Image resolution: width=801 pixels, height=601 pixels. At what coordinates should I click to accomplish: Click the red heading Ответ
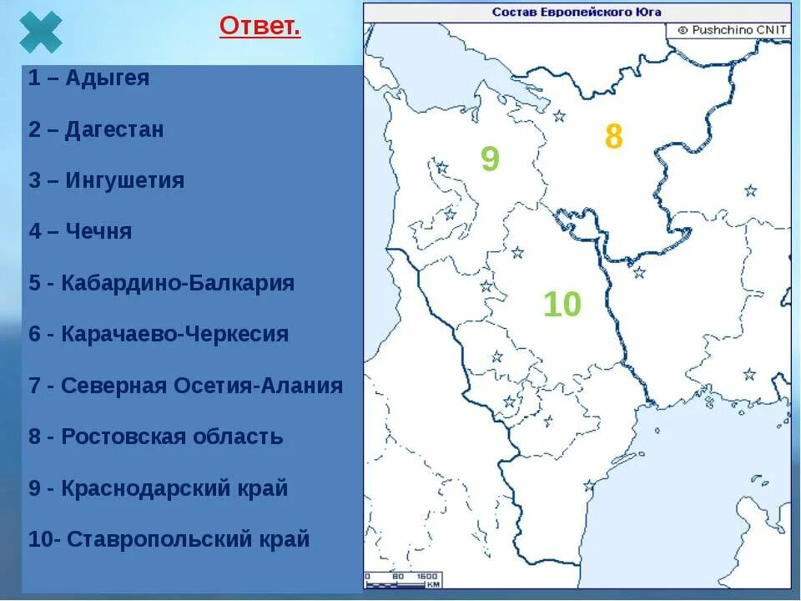pos(259,27)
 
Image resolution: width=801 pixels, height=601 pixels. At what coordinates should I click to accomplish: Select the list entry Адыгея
pos(89,78)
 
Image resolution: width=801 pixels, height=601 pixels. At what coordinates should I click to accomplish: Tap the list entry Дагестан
pos(96,129)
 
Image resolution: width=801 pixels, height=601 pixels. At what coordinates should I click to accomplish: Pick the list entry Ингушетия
pos(106,180)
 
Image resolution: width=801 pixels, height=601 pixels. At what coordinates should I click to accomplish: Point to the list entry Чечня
pos(80,231)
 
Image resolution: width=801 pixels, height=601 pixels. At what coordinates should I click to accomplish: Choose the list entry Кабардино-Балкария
pos(161,283)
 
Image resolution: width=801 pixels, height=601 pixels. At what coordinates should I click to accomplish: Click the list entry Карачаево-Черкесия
pos(159,334)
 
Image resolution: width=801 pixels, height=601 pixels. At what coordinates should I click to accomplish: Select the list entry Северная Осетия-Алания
pos(185,386)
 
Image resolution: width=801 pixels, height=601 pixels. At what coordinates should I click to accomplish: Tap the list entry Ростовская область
pos(156,437)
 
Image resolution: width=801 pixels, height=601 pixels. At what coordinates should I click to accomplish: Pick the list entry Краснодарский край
pos(159,488)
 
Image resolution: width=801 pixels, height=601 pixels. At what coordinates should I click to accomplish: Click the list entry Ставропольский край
pos(169,539)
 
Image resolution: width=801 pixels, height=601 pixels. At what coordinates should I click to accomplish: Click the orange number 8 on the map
pos(613,137)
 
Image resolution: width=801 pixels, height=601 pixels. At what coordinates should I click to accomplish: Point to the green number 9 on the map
pos(490,159)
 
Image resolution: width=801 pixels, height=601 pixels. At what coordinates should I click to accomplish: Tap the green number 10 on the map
pos(562,305)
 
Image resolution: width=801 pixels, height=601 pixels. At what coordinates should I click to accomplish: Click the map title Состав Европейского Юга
pos(577,12)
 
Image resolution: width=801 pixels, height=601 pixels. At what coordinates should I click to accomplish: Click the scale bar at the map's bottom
pos(403,580)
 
